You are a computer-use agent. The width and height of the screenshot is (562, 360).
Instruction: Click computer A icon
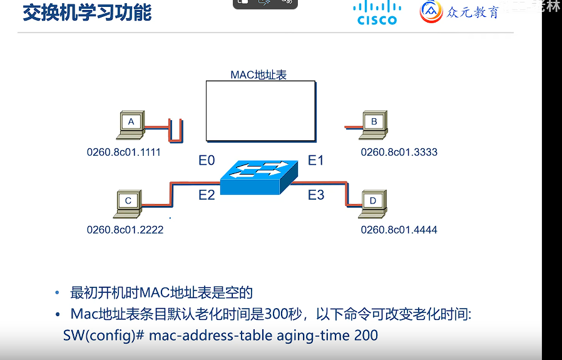pyautogui.click(x=131, y=125)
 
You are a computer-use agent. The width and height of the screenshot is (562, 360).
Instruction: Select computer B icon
pyautogui.click(x=374, y=125)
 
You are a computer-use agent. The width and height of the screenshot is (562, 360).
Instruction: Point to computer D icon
pyautogui.click(x=374, y=203)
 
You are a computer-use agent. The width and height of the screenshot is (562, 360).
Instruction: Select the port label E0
pyautogui.click(x=207, y=161)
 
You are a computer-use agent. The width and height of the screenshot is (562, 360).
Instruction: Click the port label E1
pyautogui.click(x=316, y=161)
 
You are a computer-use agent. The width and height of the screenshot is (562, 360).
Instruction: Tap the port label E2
pyautogui.click(x=207, y=195)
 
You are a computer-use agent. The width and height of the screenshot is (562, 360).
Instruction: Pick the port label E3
pyautogui.click(x=316, y=195)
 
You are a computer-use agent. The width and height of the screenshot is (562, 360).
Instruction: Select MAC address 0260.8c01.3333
pyautogui.click(x=399, y=152)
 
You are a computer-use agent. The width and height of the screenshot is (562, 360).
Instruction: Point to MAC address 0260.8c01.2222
pyautogui.click(x=125, y=230)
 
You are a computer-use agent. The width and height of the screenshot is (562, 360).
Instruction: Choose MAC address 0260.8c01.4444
pyautogui.click(x=399, y=230)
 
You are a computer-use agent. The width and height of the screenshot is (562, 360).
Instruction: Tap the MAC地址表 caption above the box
pyautogui.click(x=258, y=75)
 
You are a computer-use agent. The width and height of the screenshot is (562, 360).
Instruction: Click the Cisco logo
pyautogui.click(x=377, y=13)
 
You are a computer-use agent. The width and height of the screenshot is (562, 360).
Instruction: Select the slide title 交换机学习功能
pyautogui.click(x=87, y=12)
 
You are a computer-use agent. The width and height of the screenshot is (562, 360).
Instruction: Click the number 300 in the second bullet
pyautogui.click(x=277, y=313)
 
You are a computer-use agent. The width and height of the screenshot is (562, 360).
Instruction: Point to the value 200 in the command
pyautogui.click(x=365, y=335)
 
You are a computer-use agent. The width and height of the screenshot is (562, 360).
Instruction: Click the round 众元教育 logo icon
pyautogui.click(x=432, y=11)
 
